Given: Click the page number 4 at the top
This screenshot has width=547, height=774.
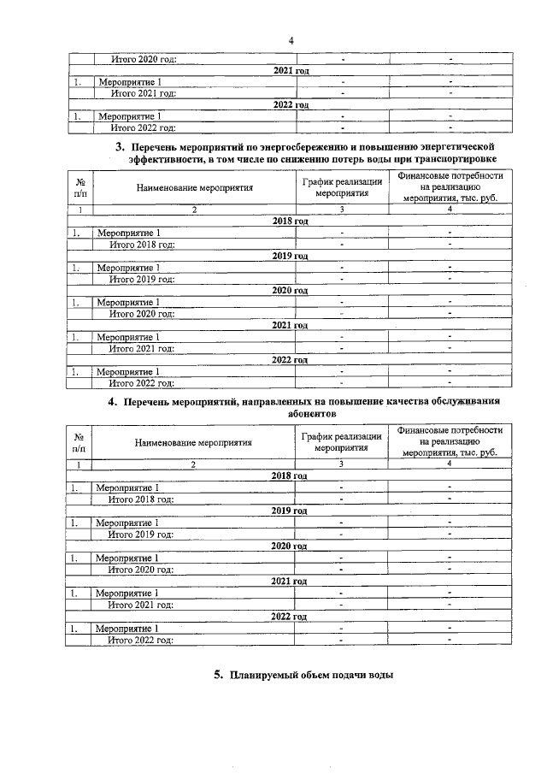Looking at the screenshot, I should (x=291, y=41).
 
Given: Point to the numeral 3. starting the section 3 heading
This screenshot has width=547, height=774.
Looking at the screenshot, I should (x=121, y=146).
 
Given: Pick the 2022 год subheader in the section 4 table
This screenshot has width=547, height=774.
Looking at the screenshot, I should (x=289, y=616).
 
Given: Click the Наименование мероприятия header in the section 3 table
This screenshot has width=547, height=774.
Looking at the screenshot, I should (x=193, y=187).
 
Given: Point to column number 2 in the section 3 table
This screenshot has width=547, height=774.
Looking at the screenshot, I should (x=193, y=210).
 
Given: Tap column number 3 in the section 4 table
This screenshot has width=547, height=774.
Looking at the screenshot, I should (x=340, y=464).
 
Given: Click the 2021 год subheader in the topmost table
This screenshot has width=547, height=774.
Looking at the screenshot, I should (x=290, y=70).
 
